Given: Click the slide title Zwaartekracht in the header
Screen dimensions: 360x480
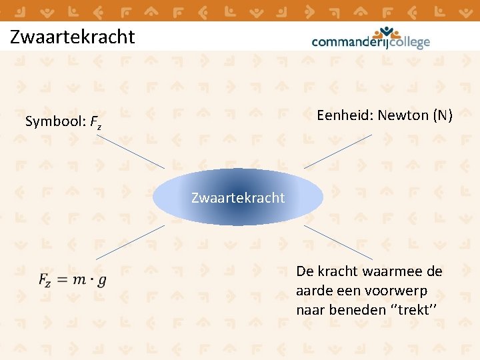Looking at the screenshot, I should point(73,37).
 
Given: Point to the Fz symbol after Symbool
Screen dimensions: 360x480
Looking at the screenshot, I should point(96,123).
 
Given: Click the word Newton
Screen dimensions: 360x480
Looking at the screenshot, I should point(403,115).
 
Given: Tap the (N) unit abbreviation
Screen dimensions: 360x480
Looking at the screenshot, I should point(442,115).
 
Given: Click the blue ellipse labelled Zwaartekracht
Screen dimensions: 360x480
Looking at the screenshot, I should point(238,197).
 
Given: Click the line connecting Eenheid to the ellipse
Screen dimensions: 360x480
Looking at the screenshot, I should point(338,151).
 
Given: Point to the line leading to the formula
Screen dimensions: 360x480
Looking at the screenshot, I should point(130,241).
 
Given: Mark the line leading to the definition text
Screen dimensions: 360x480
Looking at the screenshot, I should point(339,241).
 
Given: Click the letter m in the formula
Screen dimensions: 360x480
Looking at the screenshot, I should point(79,280).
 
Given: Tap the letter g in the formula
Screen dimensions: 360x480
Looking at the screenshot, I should point(101,281).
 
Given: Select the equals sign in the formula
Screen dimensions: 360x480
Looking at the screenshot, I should point(61,280).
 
